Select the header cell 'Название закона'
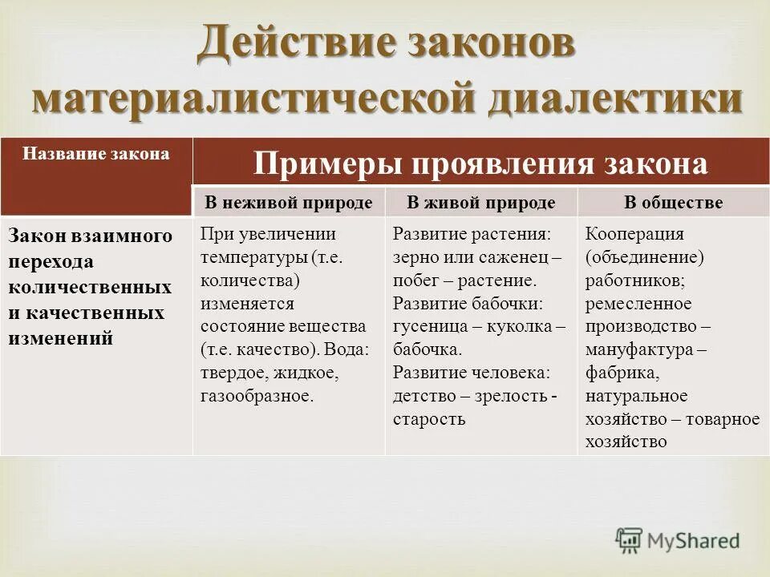pyautogui.click(x=96, y=154)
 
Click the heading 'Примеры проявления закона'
pyautogui.click(x=481, y=164)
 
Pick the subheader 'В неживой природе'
pyautogui.click(x=289, y=203)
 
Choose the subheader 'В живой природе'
pyautogui.click(x=480, y=203)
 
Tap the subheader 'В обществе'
pyautogui.click(x=674, y=203)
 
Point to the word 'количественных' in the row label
pyautogui.click(x=90, y=287)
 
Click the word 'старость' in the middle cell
pyautogui.click(x=429, y=419)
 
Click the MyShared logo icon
pyautogui.click(x=630, y=539)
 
